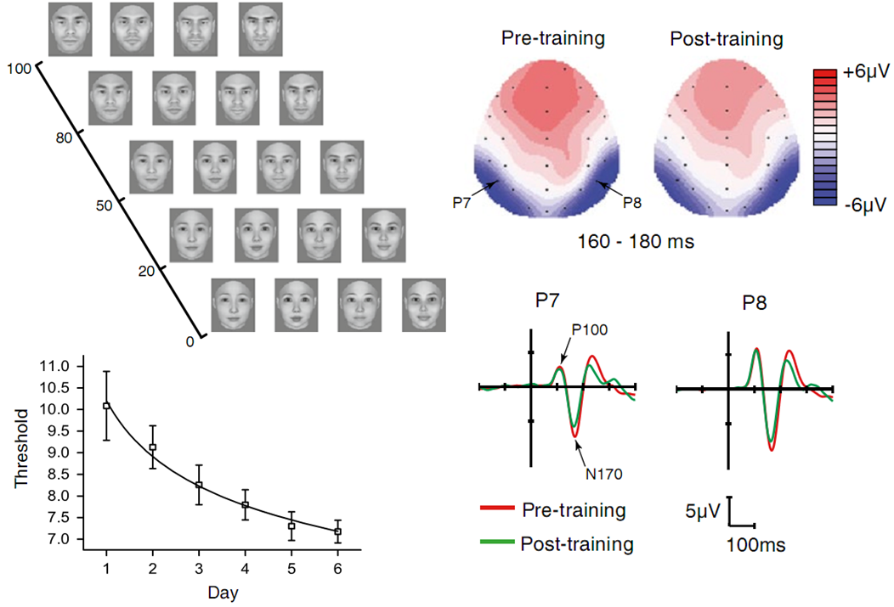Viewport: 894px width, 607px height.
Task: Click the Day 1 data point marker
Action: coord(106,406)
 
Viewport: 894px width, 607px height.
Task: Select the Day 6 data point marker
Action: coord(337,531)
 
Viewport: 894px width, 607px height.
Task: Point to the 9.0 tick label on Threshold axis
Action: coord(64,452)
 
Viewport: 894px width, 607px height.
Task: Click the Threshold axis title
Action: coord(23,452)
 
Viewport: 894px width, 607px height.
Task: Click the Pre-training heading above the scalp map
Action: coord(553,39)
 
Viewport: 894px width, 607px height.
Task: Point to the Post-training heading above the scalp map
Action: coord(726,39)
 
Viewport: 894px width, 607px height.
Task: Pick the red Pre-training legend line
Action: coord(497,510)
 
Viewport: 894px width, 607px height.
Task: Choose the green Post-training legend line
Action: coord(497,543)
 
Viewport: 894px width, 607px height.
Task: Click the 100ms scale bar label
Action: coord(755,543)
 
